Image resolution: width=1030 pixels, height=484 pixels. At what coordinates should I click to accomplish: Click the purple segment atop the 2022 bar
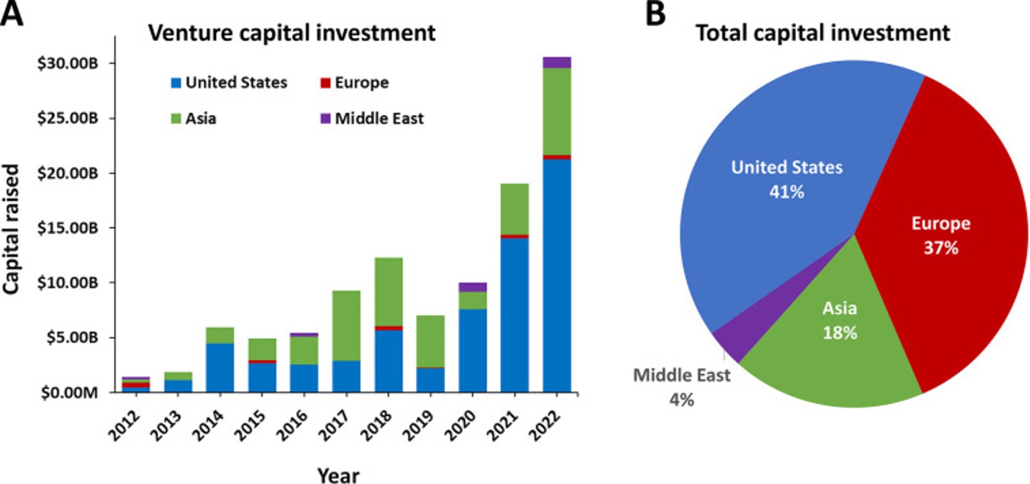tap(557, 63)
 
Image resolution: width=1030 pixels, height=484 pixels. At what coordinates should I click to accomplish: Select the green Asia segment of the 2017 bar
tap(346, 325)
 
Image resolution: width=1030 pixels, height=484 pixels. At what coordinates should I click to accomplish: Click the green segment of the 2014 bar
tap(220, 335)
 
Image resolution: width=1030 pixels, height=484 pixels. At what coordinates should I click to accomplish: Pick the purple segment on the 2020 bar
tap(473, 287)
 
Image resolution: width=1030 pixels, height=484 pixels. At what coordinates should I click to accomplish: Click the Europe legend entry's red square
tap(325, 83)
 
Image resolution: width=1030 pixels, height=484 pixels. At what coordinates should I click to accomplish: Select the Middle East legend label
tap(379, 119)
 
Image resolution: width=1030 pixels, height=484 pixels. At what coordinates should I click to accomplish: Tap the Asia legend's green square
tap(176, 119)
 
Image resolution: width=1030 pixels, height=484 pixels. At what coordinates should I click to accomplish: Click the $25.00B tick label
tap(67, 118)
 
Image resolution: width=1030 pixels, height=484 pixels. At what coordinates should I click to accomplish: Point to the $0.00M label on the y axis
tap(69, 393)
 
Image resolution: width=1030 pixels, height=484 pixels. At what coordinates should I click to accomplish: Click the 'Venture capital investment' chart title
tap(292, 33)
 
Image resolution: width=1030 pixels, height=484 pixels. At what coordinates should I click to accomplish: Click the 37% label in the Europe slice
tap(941, 248)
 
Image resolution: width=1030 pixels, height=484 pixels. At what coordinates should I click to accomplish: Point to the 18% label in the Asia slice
tap(840, 333)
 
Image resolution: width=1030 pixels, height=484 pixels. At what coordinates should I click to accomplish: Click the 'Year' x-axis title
tap(338, 475)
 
